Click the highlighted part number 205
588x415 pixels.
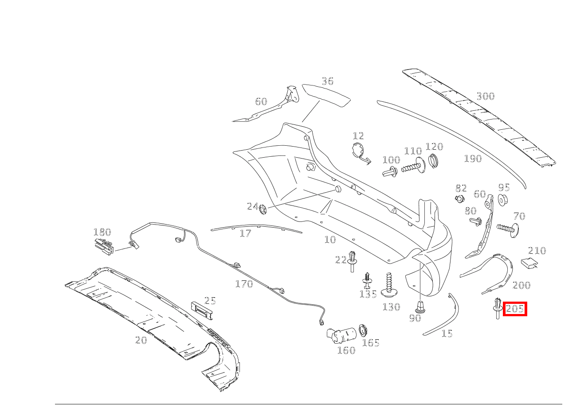click(x=514, y=309)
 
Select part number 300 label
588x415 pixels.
click(x=486, y=96)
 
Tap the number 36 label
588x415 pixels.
click(x=328, y=81)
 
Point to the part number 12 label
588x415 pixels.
click(x=358, y=136)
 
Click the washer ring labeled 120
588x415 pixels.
click(x=434, y=161)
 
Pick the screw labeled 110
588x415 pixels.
click(x=413, y=167)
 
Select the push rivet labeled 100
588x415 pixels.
click(x=390, y=172)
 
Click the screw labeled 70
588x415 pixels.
click(x=507, y=230)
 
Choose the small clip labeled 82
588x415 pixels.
click(x=460, y=198)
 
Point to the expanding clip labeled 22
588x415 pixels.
click(x=352, y=261)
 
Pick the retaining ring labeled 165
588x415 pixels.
click(x=363, y=331)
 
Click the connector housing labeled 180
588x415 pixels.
click(x=104, y=247)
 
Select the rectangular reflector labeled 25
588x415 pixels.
click(x=201, y=310)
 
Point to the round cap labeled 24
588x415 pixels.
click(x=263, y=209)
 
